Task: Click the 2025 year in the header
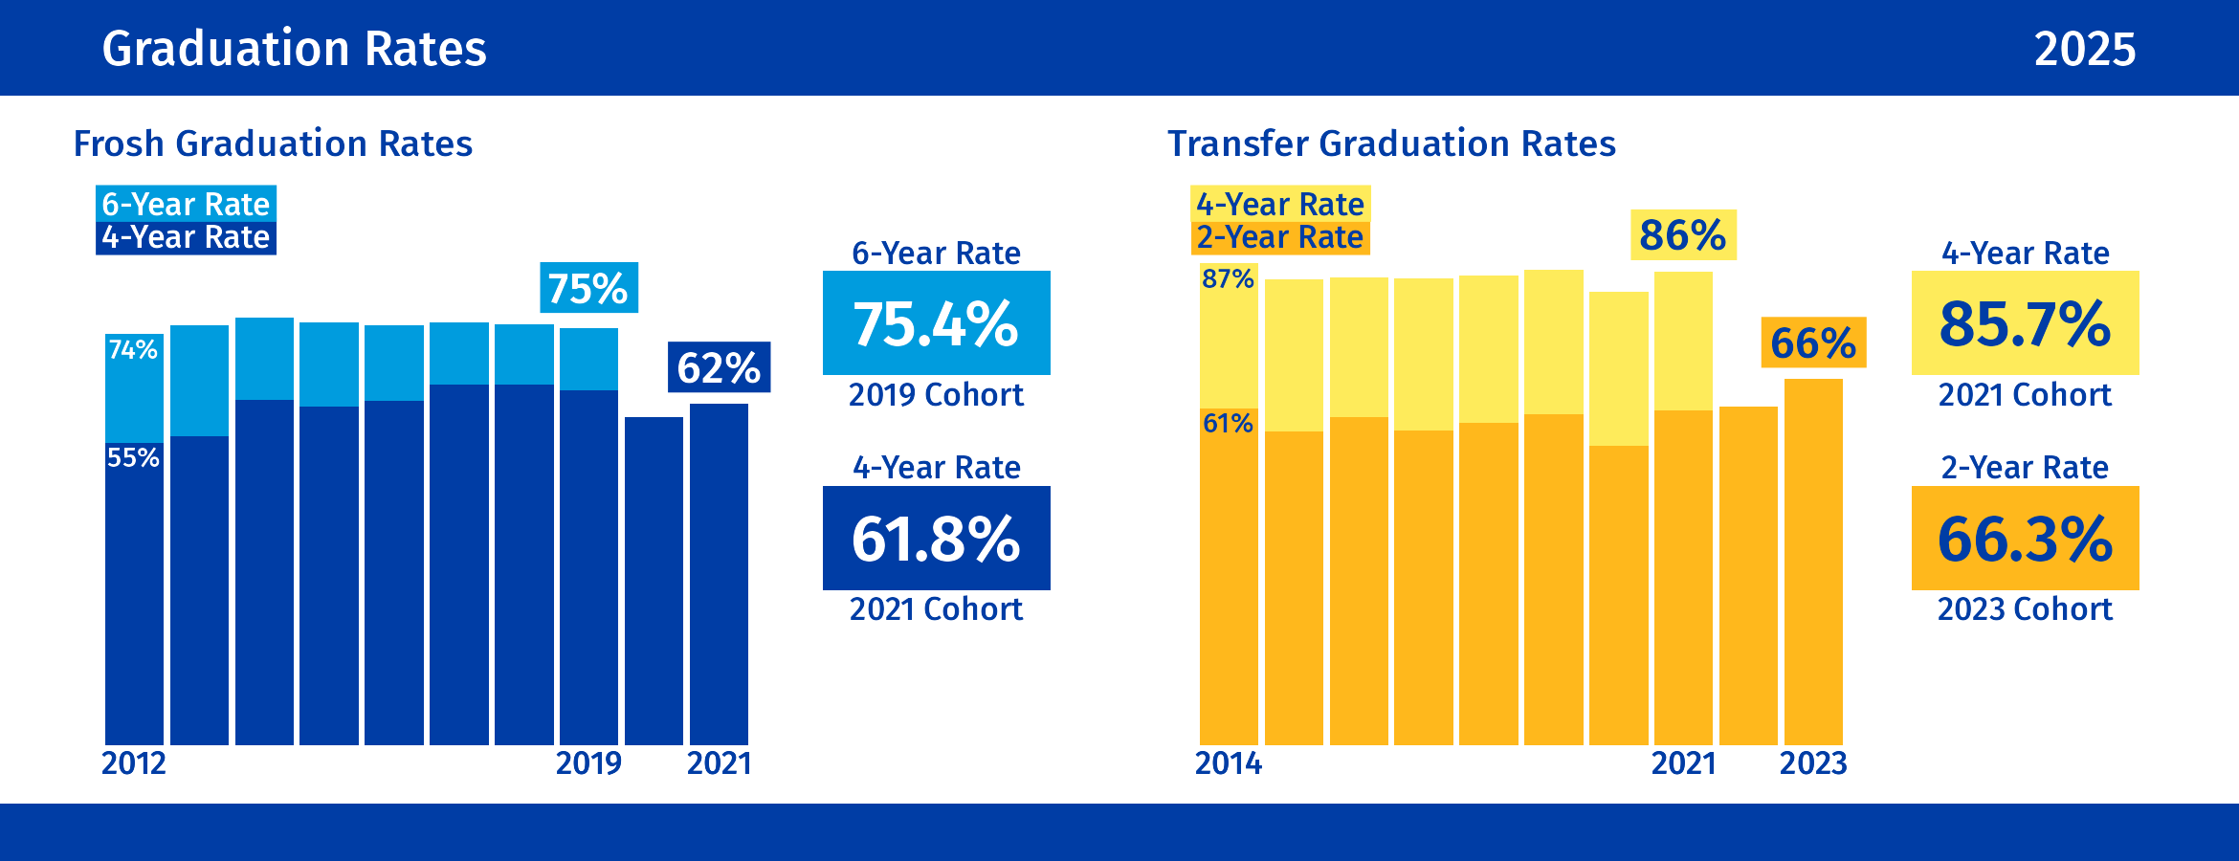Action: tap(2084, 49)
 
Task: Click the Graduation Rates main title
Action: tap(294, 49)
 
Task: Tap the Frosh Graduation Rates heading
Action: tap(273, 143)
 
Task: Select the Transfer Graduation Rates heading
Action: tap(1391, 143)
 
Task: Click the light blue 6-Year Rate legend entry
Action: tap(186, 204)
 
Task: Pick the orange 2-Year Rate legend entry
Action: tap(1279, 237)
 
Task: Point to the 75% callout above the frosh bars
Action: tap(588, 288)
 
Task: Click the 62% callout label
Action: tap(719, 367)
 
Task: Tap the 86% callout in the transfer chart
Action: tap(1683, 235)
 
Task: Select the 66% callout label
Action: tap(1813, 342)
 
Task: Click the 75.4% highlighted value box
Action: tap(936, 323)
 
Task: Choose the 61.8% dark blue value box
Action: tap(936, 539)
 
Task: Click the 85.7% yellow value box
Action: tap(2025, 323)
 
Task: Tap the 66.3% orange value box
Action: tap(2025, 539)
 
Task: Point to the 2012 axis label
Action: tap(134, 763)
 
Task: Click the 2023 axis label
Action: tap(1813, 763)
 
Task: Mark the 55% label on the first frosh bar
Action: tap(133, 457)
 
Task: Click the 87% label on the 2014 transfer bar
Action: tap(1228, 278)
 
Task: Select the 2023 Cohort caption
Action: tap(2025, 608)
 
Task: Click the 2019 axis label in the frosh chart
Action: tap(588, 763)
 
